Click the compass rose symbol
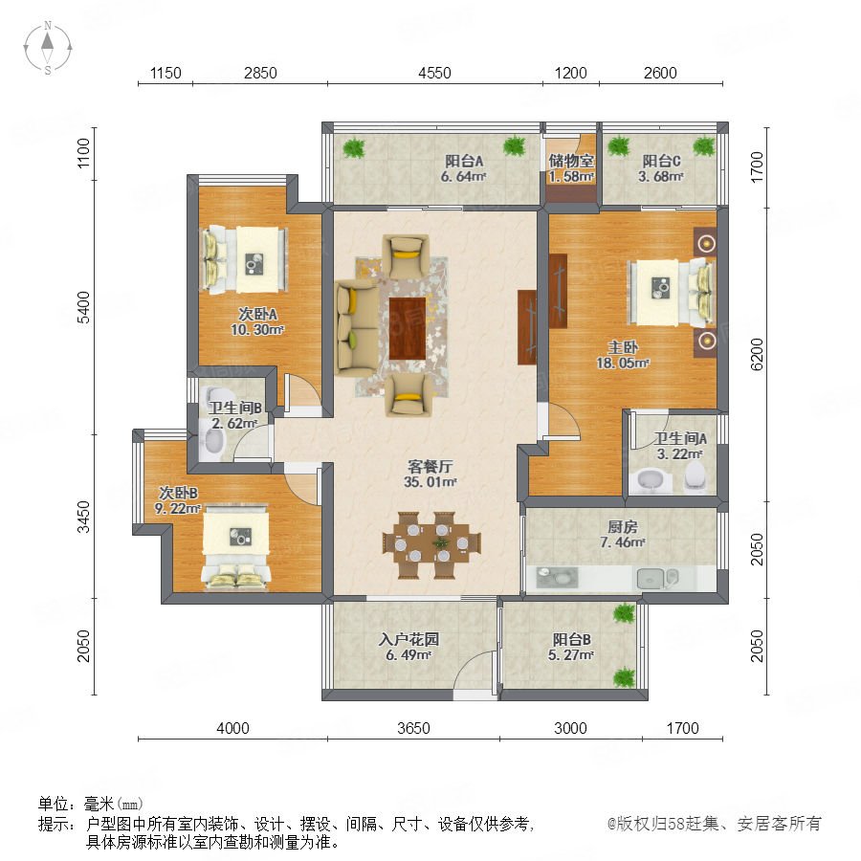(48, 48)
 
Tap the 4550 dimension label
(434, 73)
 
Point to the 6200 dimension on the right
(757, 354)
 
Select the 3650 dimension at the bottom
(413, 728)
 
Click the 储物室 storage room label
(571, 161)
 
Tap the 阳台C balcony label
(661, 161)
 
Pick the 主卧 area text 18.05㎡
(623, 363)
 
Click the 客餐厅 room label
(430, 466)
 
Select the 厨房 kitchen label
(623, 526)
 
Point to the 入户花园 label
(409, 639)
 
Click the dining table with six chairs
(431, 544)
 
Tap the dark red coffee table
(408, 328)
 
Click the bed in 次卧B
(235, 548)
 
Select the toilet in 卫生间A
(695, 475)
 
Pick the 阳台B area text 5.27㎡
(571, 655)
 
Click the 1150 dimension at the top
(166, 73)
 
